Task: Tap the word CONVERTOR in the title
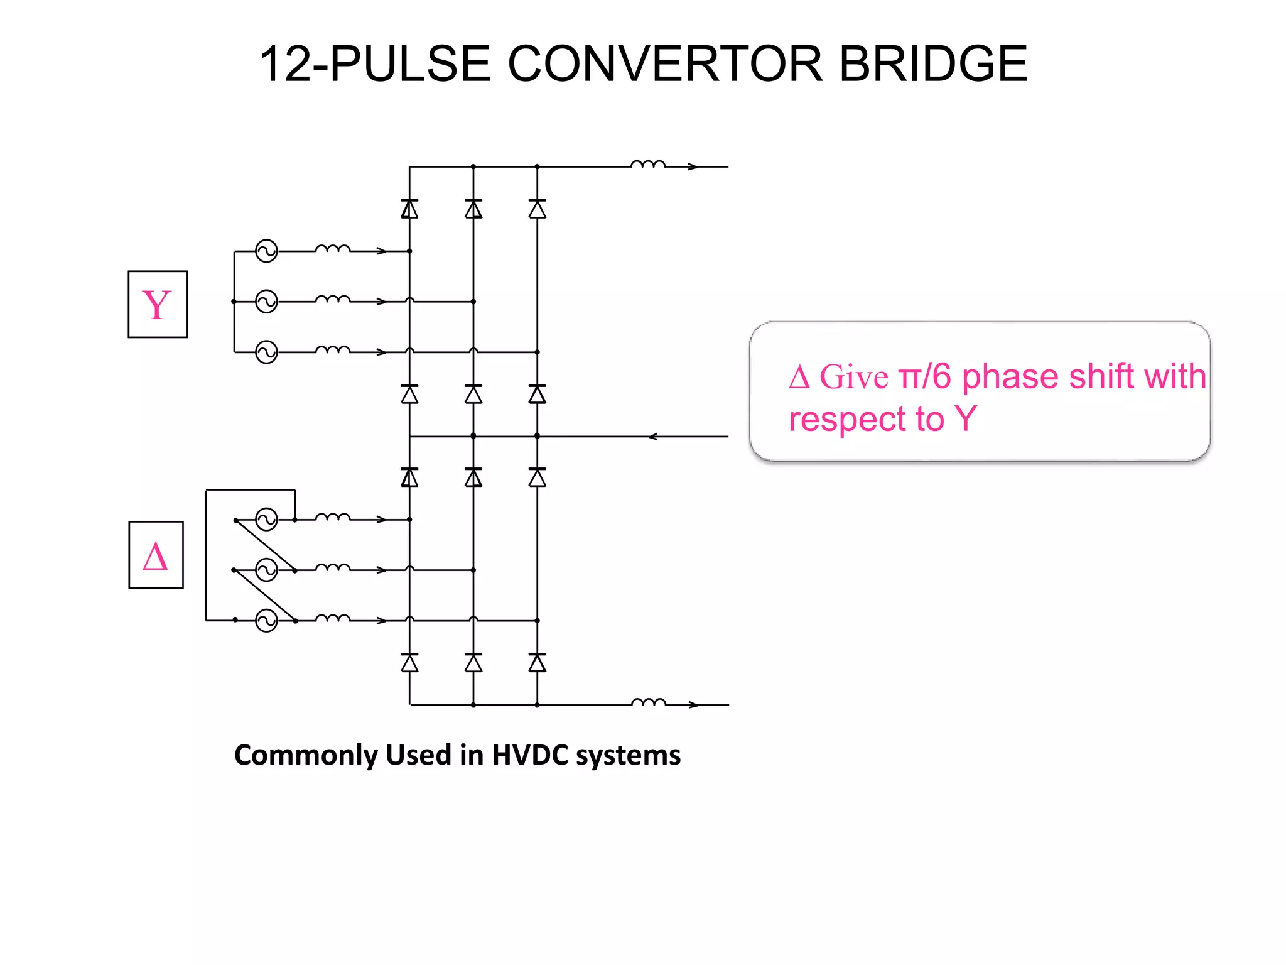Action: click(664, 64)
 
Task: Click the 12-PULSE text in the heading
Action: click(374, 64)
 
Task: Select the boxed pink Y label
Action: click(158, 305)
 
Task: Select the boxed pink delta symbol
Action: click(156, 555)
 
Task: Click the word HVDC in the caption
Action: click(531, 755)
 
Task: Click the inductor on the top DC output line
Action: click(647, 164)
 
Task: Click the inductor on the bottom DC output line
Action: click(647, 702)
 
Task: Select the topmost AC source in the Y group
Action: click(266, 251)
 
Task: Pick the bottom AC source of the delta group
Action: click(266, 621)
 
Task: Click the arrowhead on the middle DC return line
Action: click(653, 436)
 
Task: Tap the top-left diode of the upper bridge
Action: click(409, 209)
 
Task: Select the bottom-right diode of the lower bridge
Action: click(537, 663)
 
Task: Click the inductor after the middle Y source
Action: click(332, 299)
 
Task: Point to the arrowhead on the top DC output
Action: click(693, 166)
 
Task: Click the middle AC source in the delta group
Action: click(266, 570)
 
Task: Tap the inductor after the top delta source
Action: click(332, 517)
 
